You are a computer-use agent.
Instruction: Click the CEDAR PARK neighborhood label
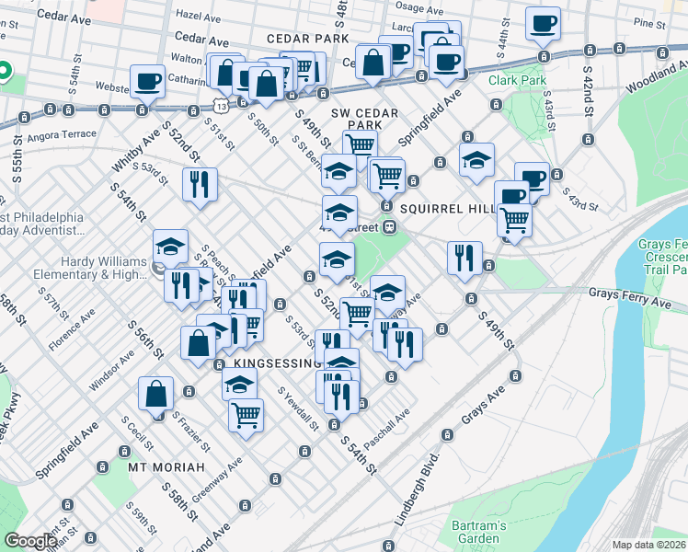click(x=307, y=39)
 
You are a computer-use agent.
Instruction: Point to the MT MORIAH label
click(x=166, y=467)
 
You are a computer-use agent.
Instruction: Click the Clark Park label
click(x=517, y=81)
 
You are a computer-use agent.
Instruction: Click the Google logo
click(x=29, y=541)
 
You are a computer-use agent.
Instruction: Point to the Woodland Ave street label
click(x=655, y=81)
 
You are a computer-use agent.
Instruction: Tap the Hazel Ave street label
click(x=201, y=16)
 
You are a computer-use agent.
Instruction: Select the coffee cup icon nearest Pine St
click(x=543, y=22)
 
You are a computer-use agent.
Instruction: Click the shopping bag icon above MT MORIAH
click(x=155, y=393)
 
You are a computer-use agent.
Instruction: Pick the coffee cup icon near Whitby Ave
click(x=147, y=81)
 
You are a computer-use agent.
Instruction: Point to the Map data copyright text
click(x=648, y=545)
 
